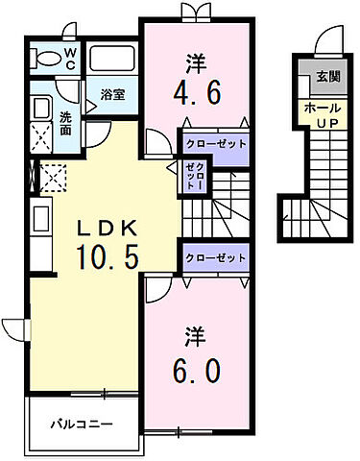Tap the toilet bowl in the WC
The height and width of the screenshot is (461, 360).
(x=44, y=60)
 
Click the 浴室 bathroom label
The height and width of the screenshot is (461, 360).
(x=113, y=94)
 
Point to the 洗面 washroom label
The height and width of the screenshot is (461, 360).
(x=65, y=124)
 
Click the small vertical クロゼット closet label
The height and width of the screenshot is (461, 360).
(x=191, y=176)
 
